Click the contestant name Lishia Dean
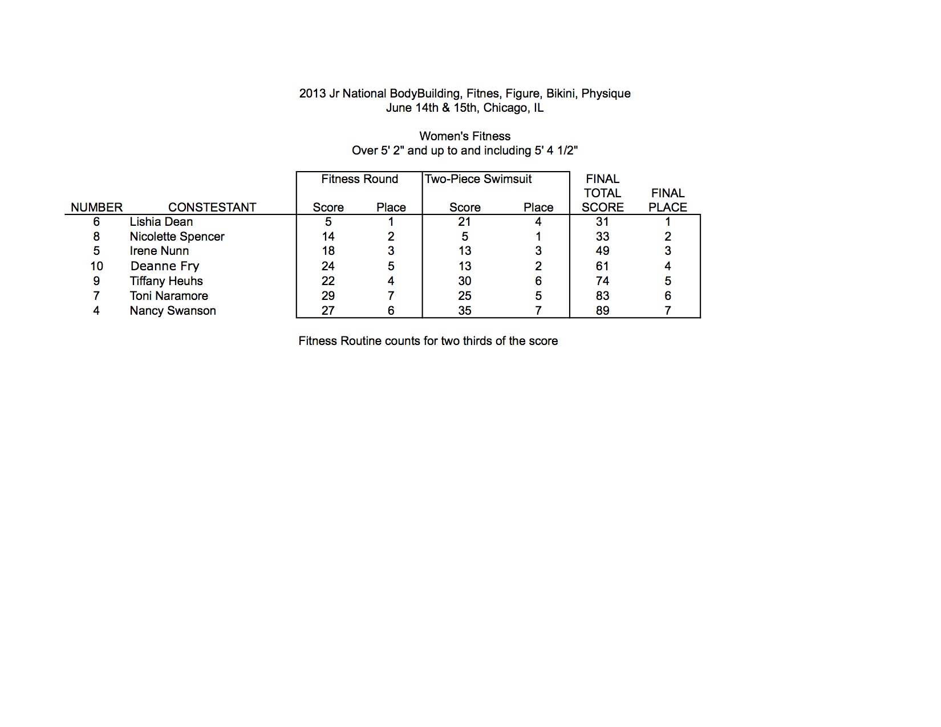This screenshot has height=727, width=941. (161, 222)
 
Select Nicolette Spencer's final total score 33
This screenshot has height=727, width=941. (602, 237)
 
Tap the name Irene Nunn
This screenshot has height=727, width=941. (159, 251)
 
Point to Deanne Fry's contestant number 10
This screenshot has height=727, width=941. (96, 266)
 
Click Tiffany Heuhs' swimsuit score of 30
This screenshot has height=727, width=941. (465, 281)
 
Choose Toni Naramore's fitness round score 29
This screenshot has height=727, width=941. (328, 296)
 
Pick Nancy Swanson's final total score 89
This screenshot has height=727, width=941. (602, 311)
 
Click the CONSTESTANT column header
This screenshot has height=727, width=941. (212, 208)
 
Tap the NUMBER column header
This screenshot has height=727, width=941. (96, 208)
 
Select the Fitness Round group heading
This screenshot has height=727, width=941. (359, 179)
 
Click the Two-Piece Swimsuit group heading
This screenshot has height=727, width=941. (478, 179)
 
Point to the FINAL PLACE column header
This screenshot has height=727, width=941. (668, 200)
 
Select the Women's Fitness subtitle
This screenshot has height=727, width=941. (465, 136)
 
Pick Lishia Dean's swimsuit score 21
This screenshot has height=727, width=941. (464, 222)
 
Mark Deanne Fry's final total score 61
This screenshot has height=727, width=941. (602, 266)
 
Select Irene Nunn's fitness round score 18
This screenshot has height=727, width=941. (328, 251)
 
